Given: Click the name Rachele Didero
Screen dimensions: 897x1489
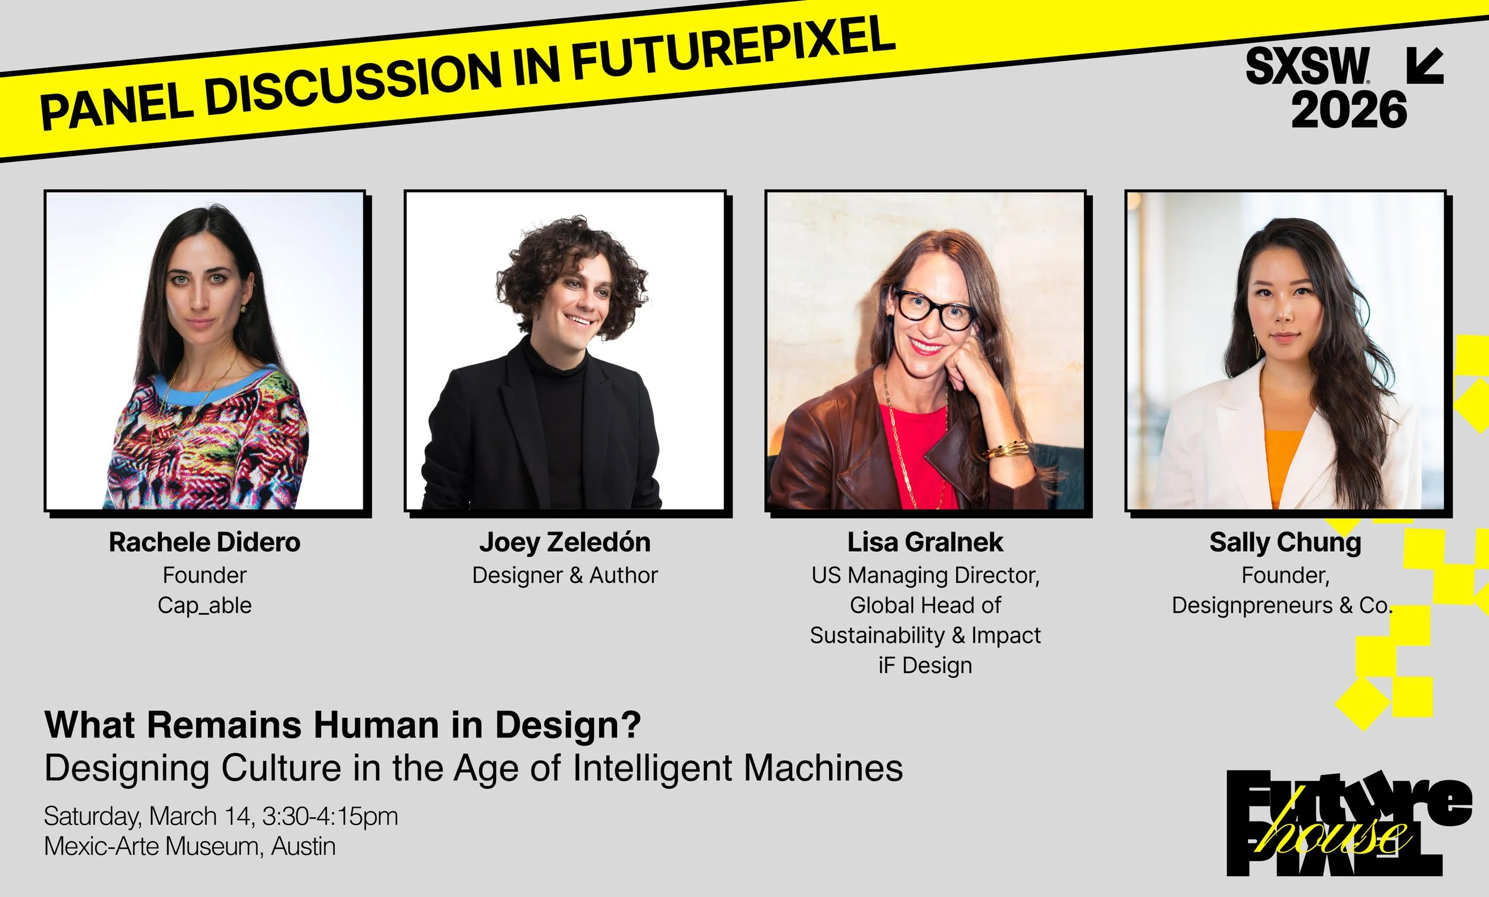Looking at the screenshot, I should pyautogui.click(x=204, y=542).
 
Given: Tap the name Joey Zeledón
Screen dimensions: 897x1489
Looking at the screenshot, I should pyautogui.click(x=565, y=542).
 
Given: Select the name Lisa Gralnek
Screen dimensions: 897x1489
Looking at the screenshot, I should pyautogui.click(x=924, y=542).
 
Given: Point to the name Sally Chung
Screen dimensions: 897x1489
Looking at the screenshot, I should pyautogui.click(x=1285, y=542).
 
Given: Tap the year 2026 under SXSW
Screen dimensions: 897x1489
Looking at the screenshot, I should pyautogui.click(x=1349, y=110).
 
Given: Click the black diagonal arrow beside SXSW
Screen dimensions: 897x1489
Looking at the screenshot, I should pyautogui.click(x=1425, y=65).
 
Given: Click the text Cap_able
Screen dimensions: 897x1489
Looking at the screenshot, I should pyautogui.click(x=204, y=605).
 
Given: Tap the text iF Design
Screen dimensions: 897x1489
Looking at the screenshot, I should pyautogui.click(x=924, y=665).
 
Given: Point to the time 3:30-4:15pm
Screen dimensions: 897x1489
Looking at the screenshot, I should pyautogui.click(x=330, y=816).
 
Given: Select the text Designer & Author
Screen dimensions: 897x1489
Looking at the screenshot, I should pyautogui.click(x=565, y=575).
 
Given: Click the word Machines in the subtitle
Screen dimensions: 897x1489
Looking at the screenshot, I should pyautogui.click(x=823, y=768).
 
